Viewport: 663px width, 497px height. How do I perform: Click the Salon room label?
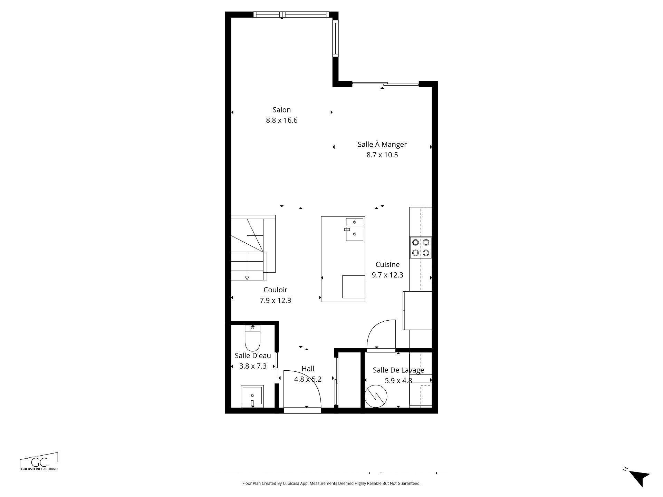281,110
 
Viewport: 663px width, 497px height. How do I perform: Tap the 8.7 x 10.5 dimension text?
382,155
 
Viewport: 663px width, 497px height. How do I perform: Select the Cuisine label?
387,265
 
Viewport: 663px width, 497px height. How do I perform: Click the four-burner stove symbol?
421,247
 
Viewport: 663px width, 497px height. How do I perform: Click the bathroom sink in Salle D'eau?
252,396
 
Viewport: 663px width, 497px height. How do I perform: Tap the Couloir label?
275,290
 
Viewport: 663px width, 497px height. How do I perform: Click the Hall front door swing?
302,388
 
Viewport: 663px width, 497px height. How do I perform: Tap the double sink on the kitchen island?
355,229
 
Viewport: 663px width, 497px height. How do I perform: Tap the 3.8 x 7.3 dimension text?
253,366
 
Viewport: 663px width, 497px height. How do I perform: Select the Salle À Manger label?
382,145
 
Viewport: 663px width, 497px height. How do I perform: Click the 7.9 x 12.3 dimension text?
275,301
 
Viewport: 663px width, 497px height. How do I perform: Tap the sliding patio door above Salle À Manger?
385,84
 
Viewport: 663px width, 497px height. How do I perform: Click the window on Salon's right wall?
335,38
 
